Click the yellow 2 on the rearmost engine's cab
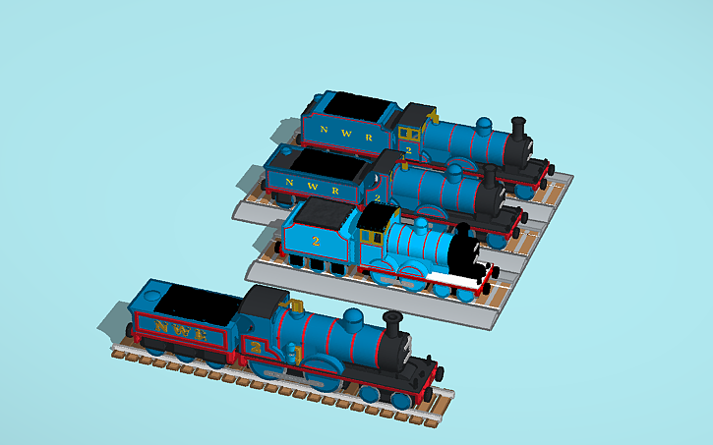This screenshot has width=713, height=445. [x=407, y=150]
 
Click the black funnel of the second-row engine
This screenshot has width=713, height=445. [x=489, y=177]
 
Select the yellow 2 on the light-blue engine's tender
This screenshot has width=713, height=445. [x=316, y=241]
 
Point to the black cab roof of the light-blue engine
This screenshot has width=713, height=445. [x=378, y=216]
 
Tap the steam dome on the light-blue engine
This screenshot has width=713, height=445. [x=420, y=227]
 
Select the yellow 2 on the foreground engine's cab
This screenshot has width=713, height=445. [x=258, y=348]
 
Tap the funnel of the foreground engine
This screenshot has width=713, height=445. [x=394, y=328]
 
